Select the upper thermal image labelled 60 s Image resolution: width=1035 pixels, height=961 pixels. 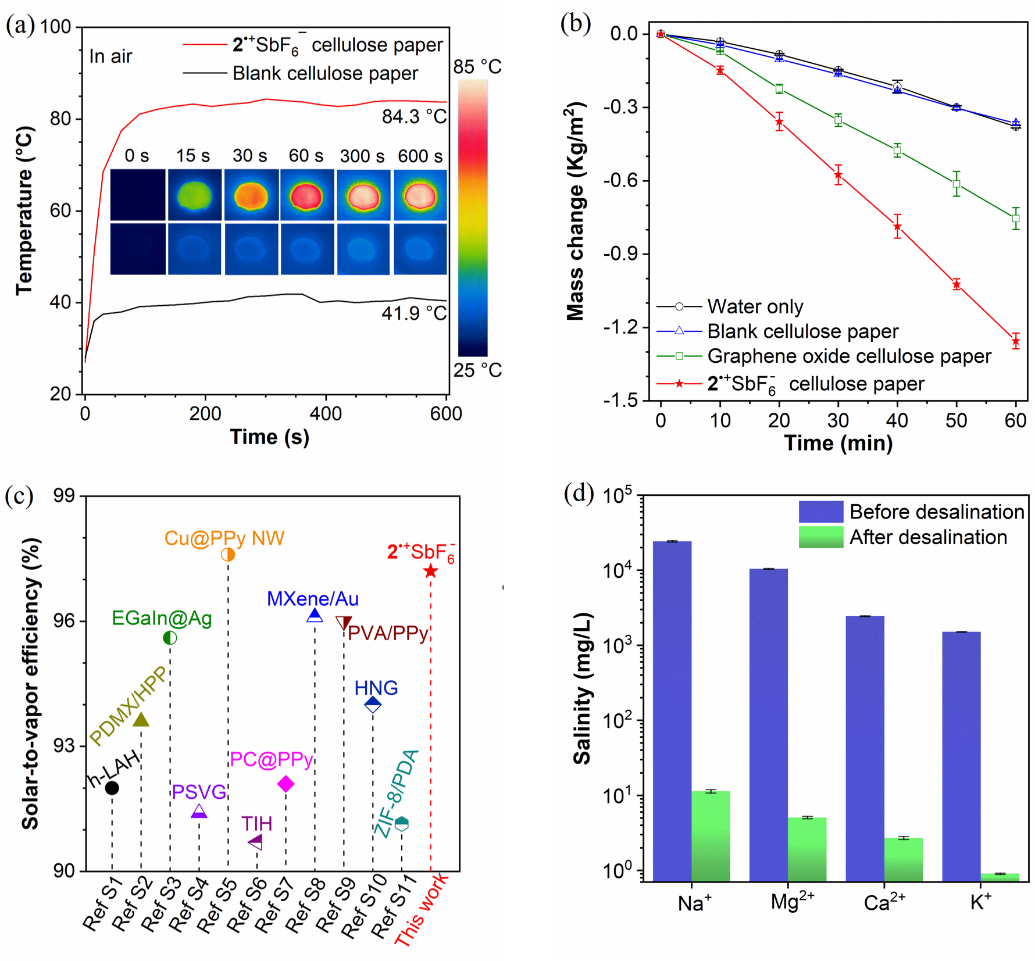point(307,195)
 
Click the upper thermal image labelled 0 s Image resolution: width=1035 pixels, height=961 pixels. point(138,195)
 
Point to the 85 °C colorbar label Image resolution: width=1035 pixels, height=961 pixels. point(477,67)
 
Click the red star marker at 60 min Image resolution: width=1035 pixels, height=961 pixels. point(1016,341)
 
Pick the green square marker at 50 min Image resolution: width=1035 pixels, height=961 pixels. point(957,184)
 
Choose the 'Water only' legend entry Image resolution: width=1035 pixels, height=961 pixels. point(755,306)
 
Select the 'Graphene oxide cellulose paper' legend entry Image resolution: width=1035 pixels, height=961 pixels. point(848,356)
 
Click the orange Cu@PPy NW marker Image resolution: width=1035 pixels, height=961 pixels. point(228,555)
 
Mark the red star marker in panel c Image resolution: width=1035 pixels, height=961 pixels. point(430,571)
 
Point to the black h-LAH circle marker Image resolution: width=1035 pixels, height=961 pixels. point(112,788)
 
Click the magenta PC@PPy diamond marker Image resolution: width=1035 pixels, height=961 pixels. point(285,784)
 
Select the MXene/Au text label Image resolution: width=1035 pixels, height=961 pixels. point(313,599)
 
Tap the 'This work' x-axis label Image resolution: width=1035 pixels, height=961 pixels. point(421,909)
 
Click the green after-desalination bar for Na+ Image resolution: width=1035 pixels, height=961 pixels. point(711,836)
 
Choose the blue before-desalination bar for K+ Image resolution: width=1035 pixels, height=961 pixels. point(961,756)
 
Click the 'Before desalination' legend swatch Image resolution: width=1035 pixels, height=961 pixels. point(820,512)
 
